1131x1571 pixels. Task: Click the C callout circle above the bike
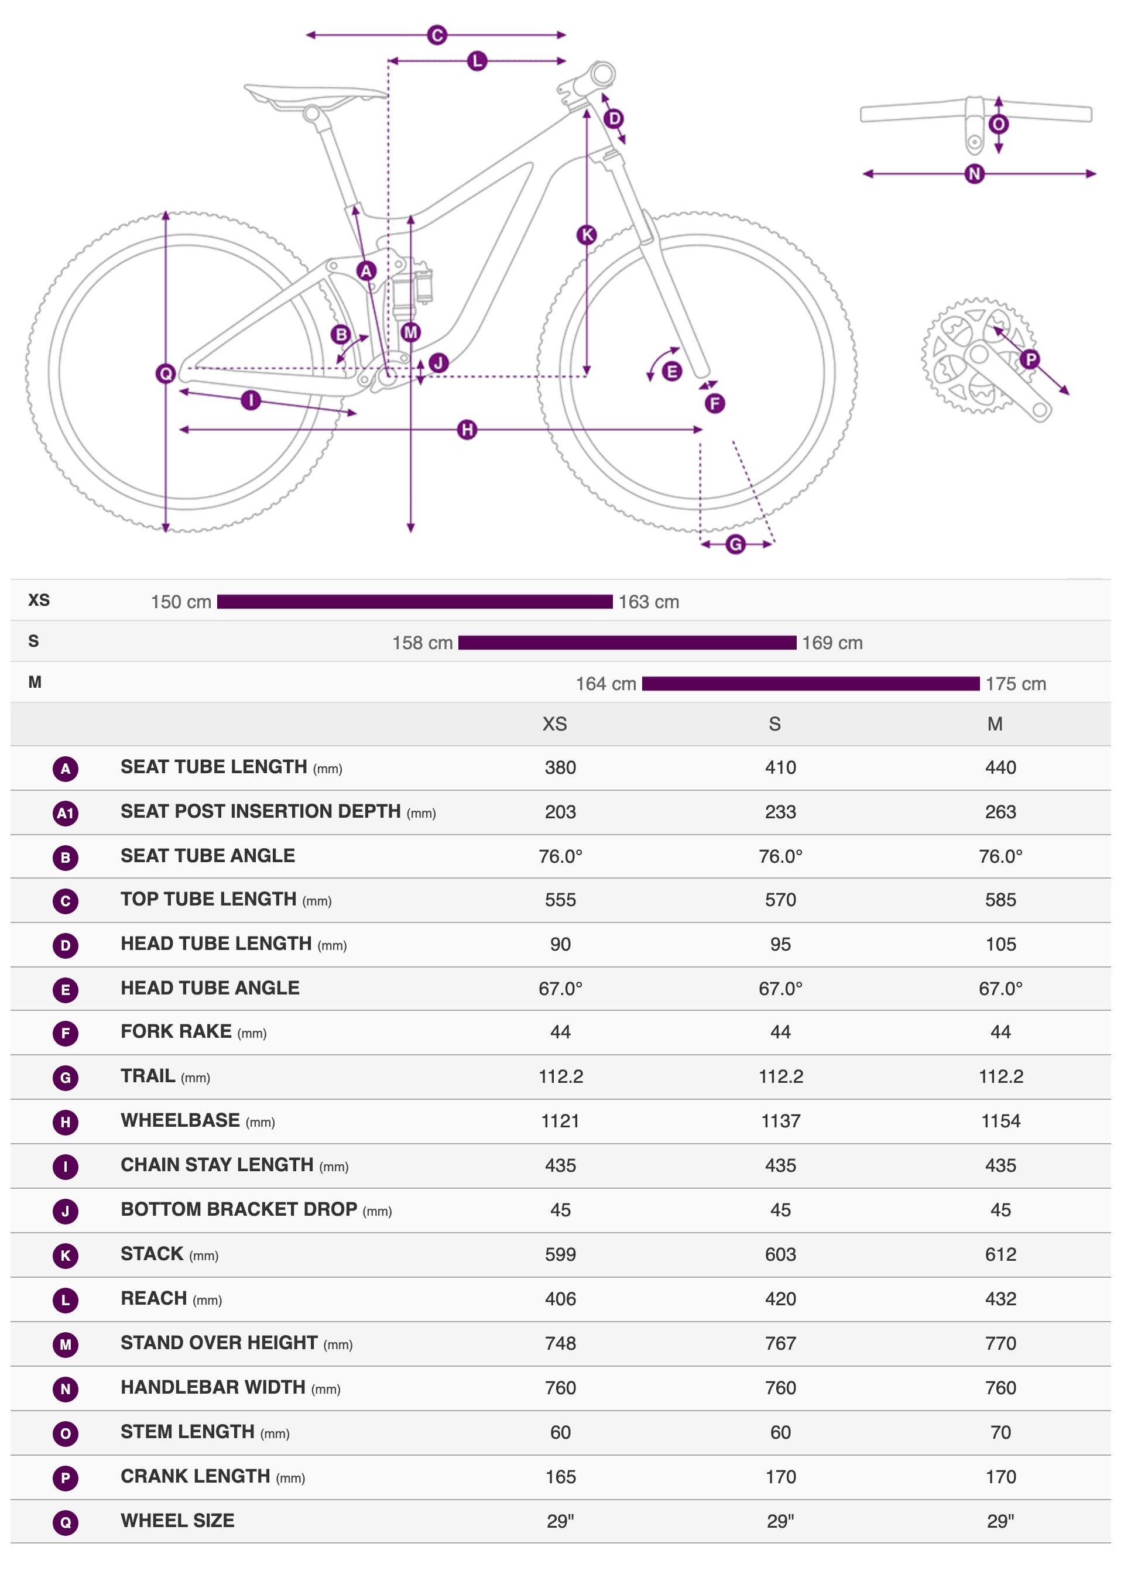pos(436,35)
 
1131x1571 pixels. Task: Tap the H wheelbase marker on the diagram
pos(468,430)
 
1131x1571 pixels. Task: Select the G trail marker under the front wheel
pos(735,544)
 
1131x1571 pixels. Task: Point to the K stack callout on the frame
pos(587,235)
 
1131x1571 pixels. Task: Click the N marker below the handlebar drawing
pos(975,174)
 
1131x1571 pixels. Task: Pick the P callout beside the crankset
pos(1030,359)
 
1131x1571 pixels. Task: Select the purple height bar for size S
pos(627,643)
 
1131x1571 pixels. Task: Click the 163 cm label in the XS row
pos(648,602)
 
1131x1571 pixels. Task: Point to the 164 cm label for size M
pos(606,684)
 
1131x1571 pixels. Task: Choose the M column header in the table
pos(995,724)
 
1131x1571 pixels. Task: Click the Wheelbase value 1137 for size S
pos(780,1121)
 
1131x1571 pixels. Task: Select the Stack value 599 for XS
pos(560,1254)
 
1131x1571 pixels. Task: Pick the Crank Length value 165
pos(560,1476)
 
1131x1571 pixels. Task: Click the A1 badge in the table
pos(65,812)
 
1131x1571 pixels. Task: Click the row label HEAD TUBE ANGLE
pos(210,988)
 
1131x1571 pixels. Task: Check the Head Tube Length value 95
pos(780,944)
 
